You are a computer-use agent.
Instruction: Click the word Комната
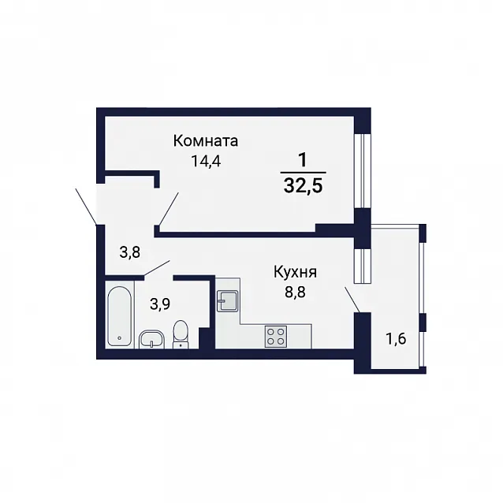206,141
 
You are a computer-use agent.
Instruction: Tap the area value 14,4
206,161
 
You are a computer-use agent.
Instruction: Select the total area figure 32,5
303,186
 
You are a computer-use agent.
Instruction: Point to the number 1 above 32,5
303,160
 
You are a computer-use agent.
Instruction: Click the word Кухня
295,273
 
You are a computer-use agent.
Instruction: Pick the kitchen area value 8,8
295,292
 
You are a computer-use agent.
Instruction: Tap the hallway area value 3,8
130,252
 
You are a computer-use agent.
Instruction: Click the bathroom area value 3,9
160,304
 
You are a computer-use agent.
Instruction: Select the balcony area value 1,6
397,339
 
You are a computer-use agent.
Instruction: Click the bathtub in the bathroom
119,316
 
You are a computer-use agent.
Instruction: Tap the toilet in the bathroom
181,334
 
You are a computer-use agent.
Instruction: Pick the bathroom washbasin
151,339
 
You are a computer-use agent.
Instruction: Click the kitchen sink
227,300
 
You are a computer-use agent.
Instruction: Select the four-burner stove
276,337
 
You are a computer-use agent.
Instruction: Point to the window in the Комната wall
362,171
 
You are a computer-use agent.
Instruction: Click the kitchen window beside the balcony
362,266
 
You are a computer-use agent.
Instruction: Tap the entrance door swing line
86,206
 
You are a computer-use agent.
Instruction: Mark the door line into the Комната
169,209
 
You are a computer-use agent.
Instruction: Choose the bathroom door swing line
157,268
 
